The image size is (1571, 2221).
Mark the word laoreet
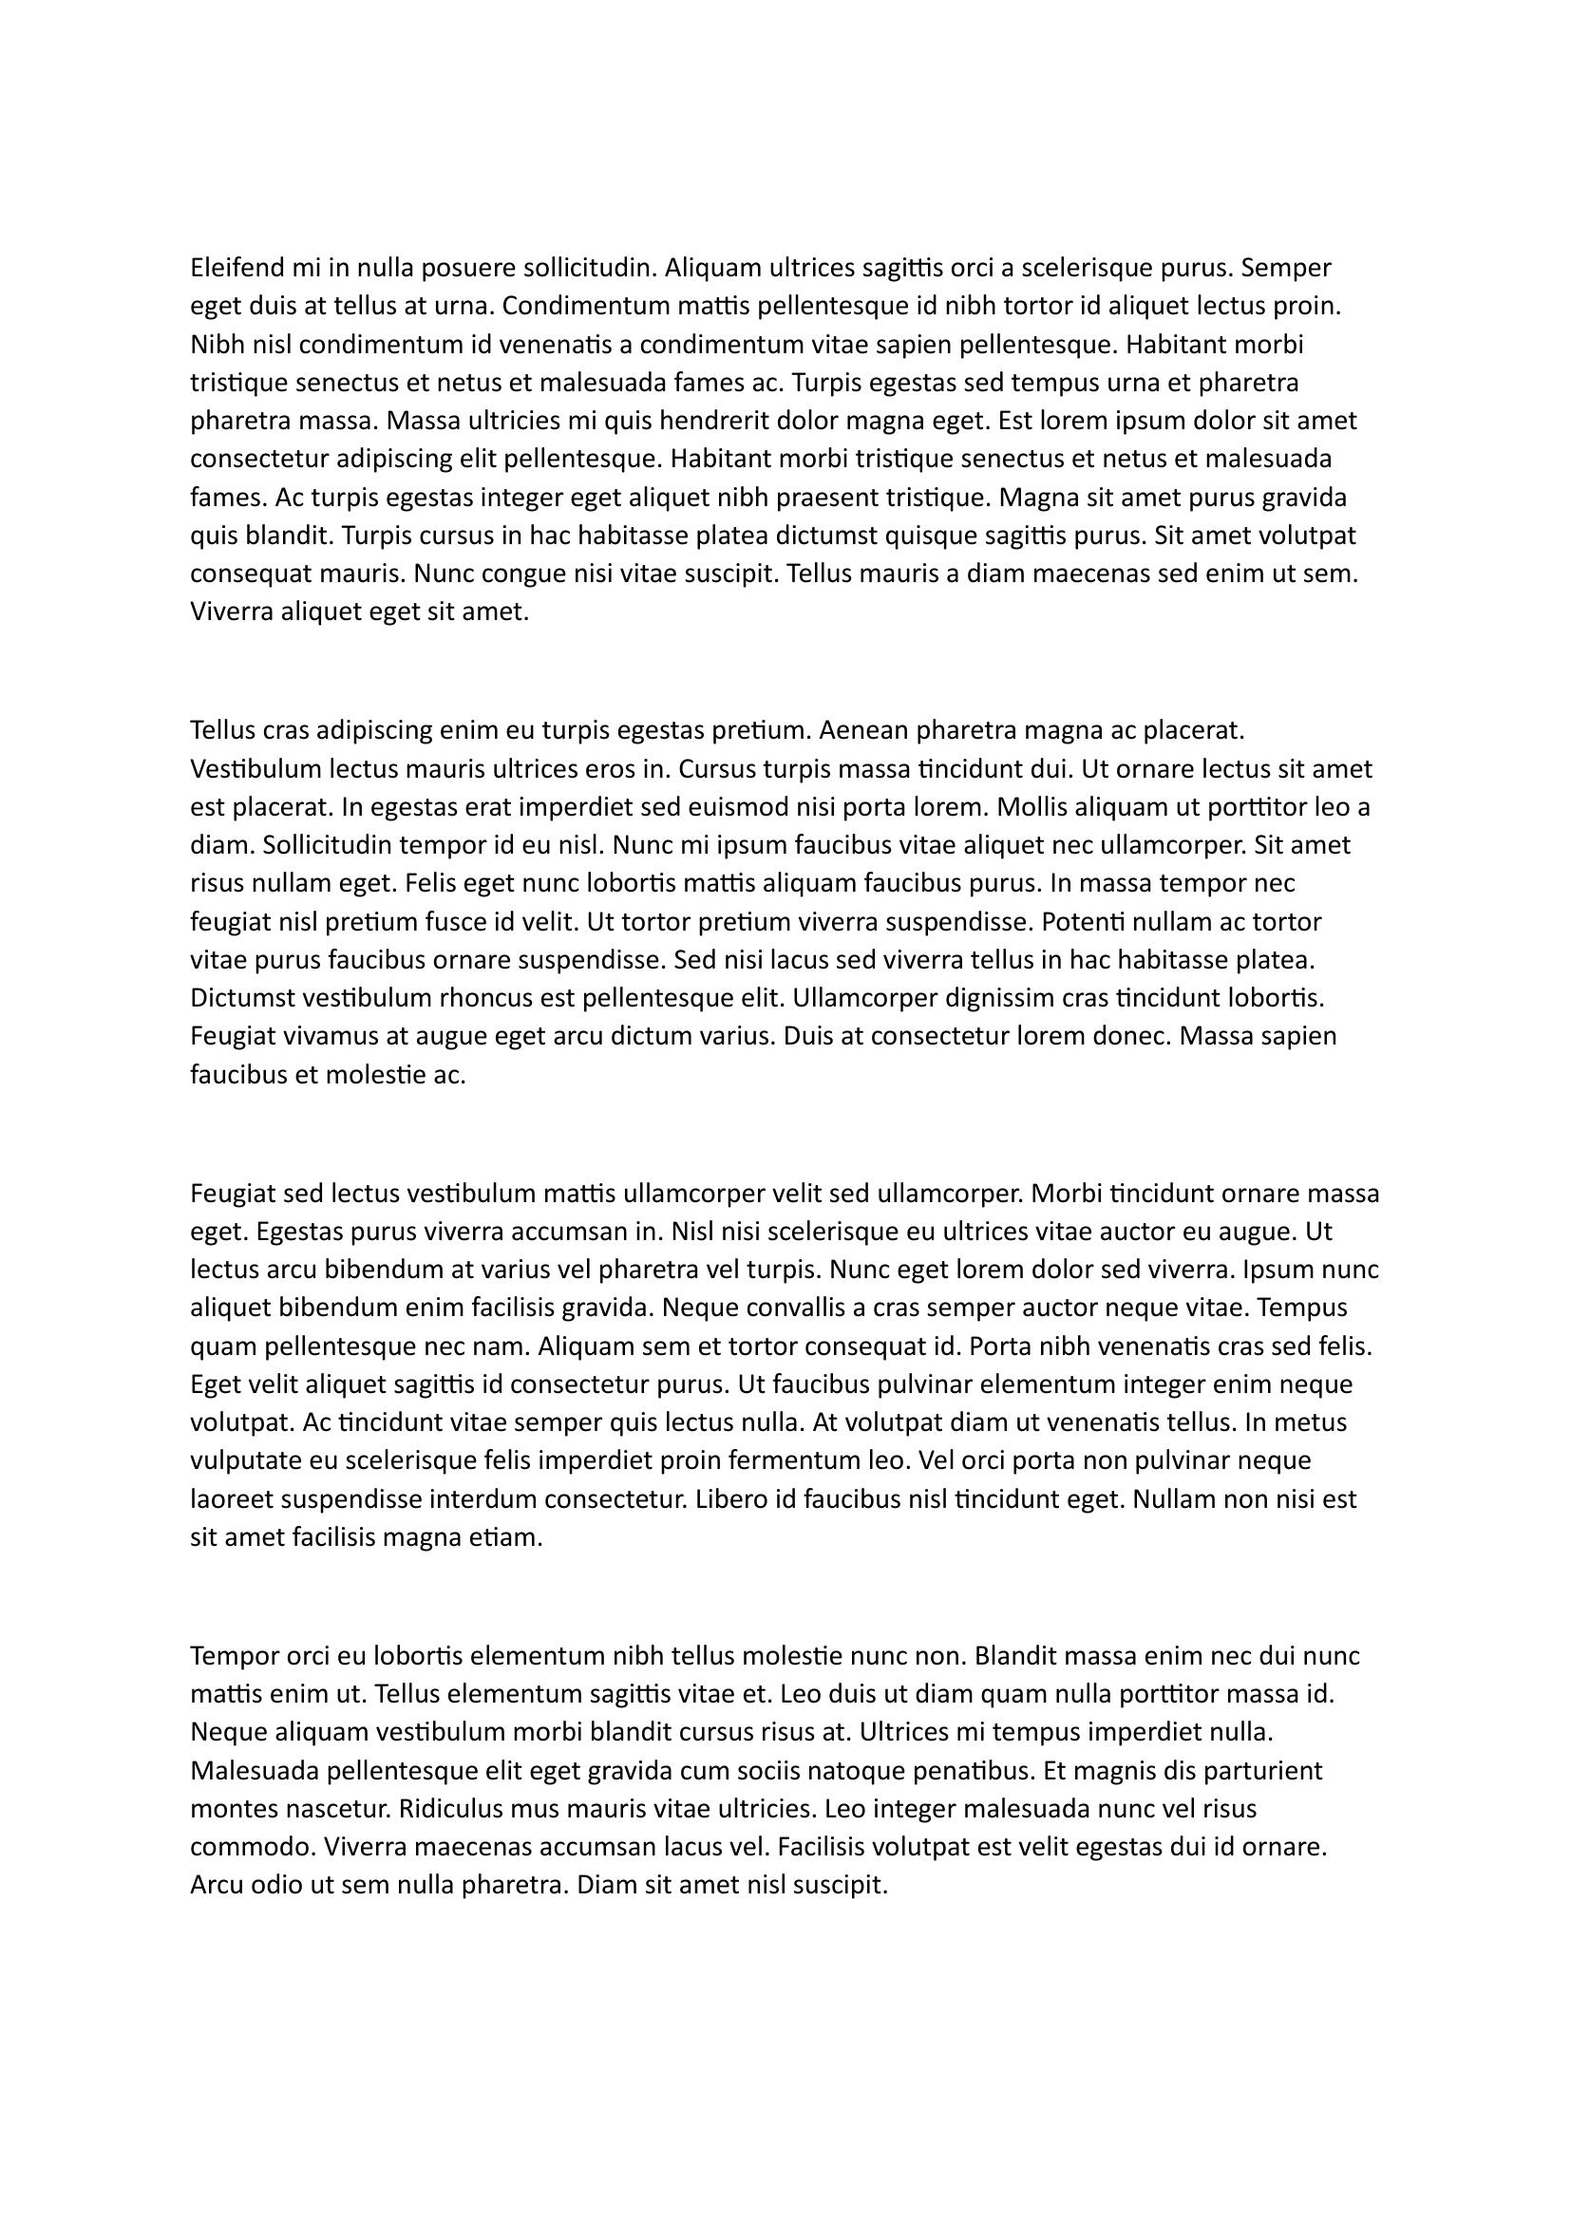(x=230, y=1499)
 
